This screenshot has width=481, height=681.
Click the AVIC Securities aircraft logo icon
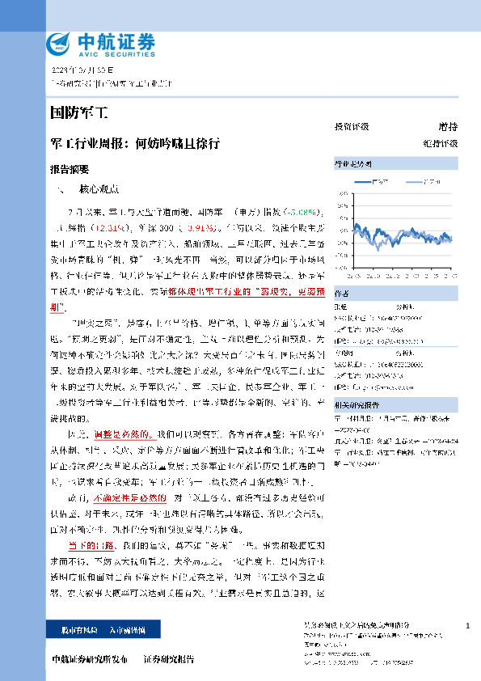[61, 42]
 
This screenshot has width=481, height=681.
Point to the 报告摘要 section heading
[69, 170]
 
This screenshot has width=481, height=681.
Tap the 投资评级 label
[352, 127]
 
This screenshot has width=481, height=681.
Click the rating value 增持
[448, 127]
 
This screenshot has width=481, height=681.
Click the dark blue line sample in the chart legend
[364, 182]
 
